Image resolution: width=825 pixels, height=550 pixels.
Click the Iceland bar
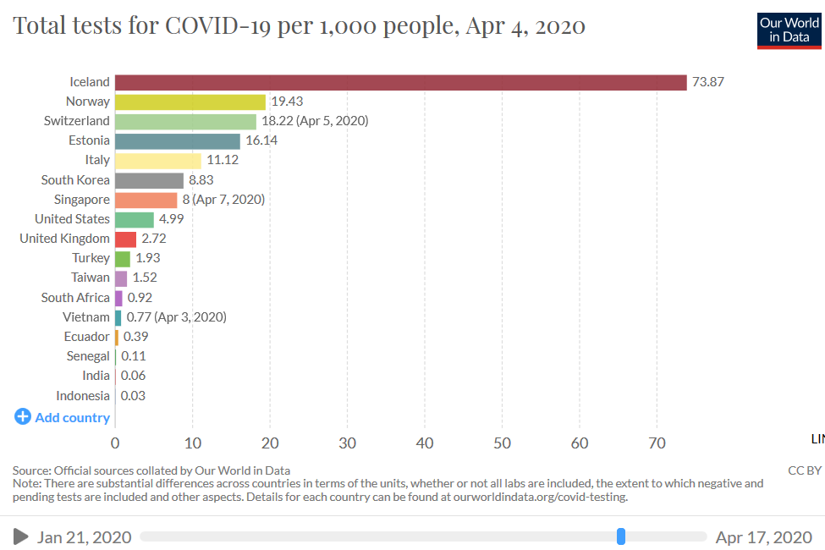pyautogui.click(x=400, y=82)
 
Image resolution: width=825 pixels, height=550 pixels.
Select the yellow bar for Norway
pyautogui.click(x=190, y=102)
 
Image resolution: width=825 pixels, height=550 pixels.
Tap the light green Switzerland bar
pyautogui.click(x=185, y=121)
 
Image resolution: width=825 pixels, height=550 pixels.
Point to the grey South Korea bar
pyautogui.click(x=149, y=180)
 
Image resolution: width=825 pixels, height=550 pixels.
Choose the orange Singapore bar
pyautogui.click(x=146, y=200)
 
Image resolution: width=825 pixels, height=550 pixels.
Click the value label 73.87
pyautogui.click(x=708, y=82)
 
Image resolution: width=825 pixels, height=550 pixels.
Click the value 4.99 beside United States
pyautogui.click(x=171, y=219)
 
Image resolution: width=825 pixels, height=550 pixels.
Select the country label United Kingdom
pyautogui.click(x=64, y=239)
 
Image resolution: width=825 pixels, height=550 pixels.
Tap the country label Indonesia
pyautogui.click(x=83, y=396)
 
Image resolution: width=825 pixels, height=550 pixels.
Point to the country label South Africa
pyautogui.click(x=75, y=298)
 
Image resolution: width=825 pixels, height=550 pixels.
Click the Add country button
pyautogui.click(x=63, y=417)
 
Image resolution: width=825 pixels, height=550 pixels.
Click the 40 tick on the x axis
pyautogui.click(x=425, y=443)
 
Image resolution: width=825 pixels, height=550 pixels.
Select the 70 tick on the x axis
pyautogui.click(x=657, y=443)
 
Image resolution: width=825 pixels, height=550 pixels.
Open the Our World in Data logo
pyautogui.click(x=789, y=30)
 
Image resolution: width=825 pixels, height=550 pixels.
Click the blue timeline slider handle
pyautogui.click(x=621, y=536)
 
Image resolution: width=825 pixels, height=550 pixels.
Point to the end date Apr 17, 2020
pyautogui.click(x=763, y=537)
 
